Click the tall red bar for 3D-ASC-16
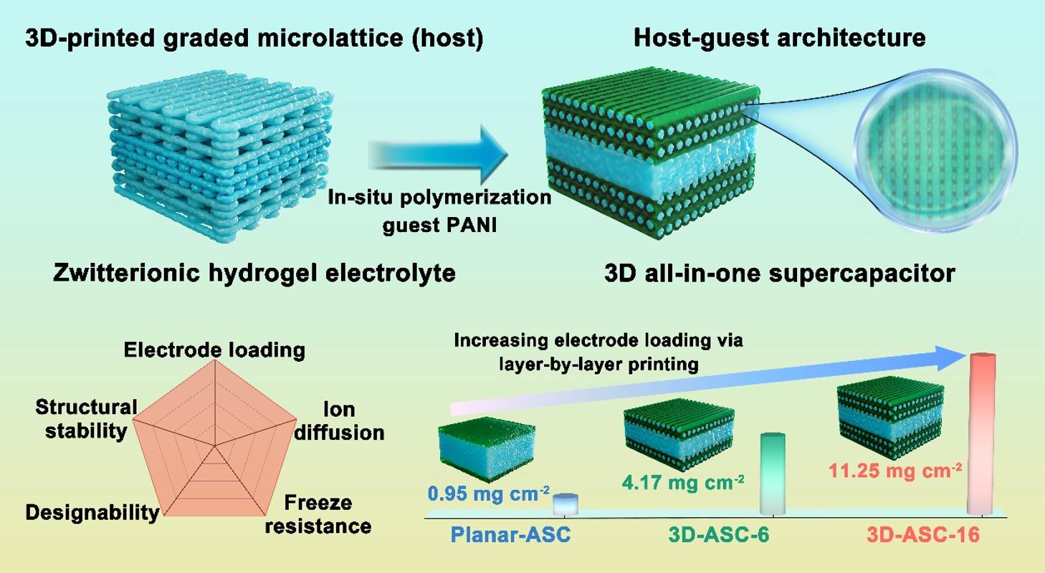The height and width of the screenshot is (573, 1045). (982, 434)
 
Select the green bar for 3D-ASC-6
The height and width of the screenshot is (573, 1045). (772, 473)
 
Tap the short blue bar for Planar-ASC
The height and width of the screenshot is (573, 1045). (566, 504)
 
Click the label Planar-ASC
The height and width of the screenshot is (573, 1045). (511, 535)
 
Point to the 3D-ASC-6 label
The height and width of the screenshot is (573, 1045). (719, 535)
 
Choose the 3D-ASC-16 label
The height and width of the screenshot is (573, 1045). (923, 535)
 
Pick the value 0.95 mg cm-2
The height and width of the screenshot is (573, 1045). (489, 493)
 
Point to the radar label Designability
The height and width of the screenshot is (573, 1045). (92, 512)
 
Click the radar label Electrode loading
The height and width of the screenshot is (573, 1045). (214, 350)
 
